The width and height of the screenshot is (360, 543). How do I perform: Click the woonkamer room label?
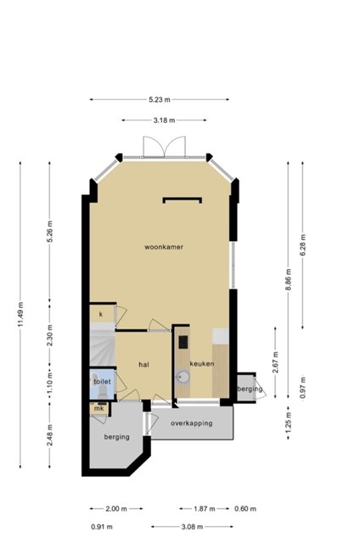coord(164,247)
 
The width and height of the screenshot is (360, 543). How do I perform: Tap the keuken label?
coord(202,364)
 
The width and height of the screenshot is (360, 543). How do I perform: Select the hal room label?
coord(143,364)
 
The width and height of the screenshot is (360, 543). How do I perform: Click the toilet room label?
coord(102,382)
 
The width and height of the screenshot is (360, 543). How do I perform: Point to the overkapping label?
coord(191,423)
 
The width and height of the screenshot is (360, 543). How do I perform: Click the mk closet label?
coord(99,409)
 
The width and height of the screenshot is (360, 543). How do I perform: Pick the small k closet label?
coord(101,315)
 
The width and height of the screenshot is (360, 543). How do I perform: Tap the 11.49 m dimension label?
coord(20,315)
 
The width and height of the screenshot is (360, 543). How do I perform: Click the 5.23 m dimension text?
coord(160,100)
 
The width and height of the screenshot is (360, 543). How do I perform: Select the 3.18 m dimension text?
coord(164,120)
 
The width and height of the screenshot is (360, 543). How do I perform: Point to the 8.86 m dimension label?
coord(289,279)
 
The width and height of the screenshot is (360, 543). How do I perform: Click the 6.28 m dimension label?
coord(303,245)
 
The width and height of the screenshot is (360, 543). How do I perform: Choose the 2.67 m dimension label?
coord(275,362)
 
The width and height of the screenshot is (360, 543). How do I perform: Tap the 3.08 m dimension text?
coord(192,527)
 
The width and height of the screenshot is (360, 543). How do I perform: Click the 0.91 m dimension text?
coord(102,527)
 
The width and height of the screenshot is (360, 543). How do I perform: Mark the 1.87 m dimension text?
coord(205,509)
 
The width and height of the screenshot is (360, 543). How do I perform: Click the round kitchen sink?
coord(183,377)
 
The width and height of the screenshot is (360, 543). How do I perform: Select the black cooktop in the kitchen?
coord(183,342)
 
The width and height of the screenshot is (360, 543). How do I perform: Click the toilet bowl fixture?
coord(103,391)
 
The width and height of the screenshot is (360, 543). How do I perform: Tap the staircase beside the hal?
coord(102,344)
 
